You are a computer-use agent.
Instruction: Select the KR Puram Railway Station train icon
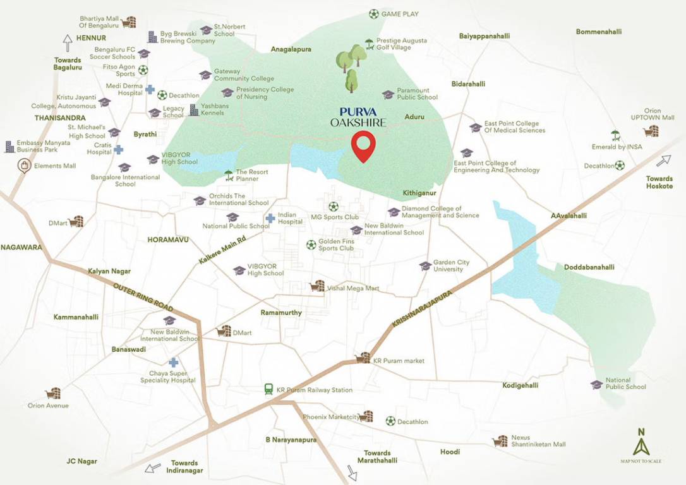[270, 390]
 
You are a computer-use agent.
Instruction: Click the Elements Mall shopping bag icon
[24, 166]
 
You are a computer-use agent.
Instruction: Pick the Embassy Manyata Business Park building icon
[9, 147]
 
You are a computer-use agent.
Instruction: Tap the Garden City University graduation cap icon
[425, 266]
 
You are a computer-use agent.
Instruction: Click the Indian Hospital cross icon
[270, 219]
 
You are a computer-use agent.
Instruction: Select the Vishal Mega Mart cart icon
[317, 287]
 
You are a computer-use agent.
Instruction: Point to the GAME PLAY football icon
[374, 13]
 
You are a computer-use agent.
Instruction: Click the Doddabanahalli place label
[589, 267]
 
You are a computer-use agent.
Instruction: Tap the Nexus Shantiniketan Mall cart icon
[501, 441]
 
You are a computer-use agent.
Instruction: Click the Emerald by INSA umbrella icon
[615, 135]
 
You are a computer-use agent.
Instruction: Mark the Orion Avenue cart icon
[54, 393]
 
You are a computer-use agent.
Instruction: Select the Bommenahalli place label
[599, 32]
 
